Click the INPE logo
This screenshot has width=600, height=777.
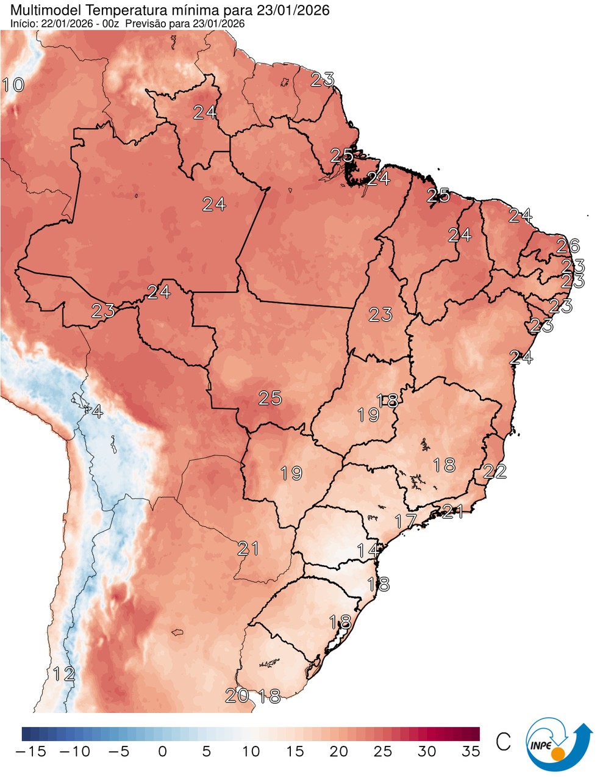pos(558,743)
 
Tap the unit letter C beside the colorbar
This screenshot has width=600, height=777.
pos(503,742)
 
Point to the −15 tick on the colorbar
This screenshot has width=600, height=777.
pos(30,751)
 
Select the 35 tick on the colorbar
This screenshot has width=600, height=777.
pos(470,751)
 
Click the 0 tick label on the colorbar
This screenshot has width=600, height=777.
pos(162,751)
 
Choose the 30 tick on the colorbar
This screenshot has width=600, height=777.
pos(427,751)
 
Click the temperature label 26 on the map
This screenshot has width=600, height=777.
pos(568,246)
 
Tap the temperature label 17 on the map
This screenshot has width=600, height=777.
pos(405,521)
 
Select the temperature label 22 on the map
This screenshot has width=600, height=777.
pos(495,471)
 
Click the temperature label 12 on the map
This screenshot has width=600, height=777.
pos(63,674)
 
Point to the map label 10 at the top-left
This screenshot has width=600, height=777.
pos(13,85)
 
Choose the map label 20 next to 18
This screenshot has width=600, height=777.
pos(237,695)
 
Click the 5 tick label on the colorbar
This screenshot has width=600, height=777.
pos(207,751)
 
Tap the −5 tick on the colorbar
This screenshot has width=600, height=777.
pos(118,751)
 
